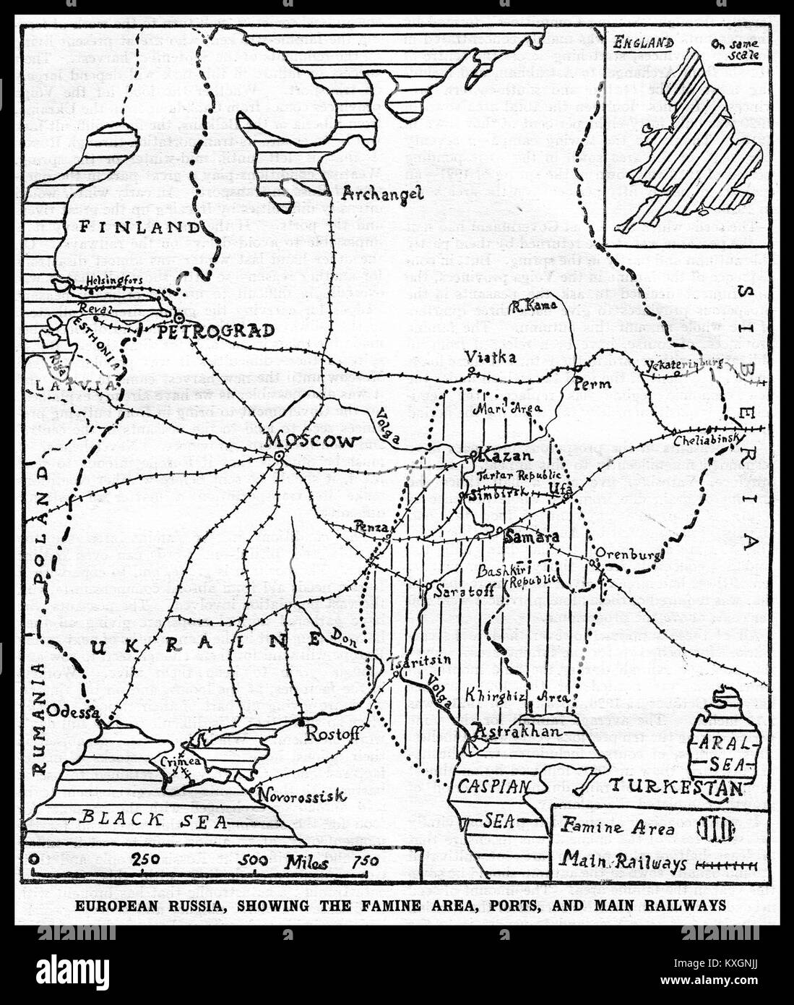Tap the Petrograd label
coord(216,331)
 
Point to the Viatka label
coord(490,357)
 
